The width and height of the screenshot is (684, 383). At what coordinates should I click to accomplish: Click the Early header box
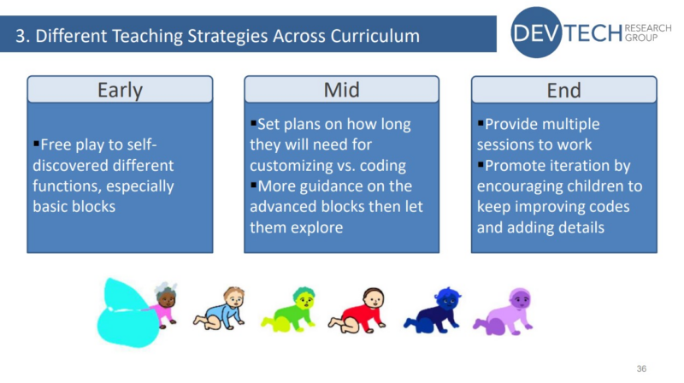(120, 90)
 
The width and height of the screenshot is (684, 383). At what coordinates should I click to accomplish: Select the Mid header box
(341, 90)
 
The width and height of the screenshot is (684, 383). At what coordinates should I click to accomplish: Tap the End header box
(563, 90)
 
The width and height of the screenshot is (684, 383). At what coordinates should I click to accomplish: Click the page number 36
(642, 368)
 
